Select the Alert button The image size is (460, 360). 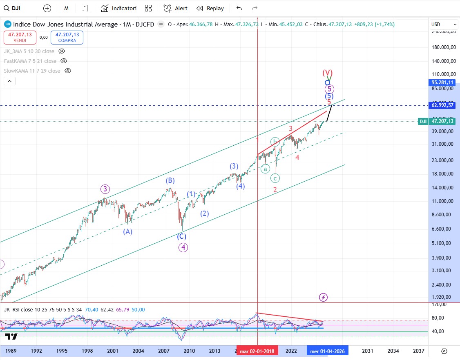pyautogui.click(x=176, y=8)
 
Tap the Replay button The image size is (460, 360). pyautogui.click(x=210, y=8)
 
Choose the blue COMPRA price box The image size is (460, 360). pyautogui.click(x=67, y=38)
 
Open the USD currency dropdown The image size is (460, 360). pyautogui.click(x=444, y=24)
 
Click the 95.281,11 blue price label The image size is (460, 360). pyautogui.click(x=443, y=82)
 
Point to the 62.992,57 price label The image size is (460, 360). pyautogui.click(x=443, y=105)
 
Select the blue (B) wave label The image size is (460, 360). pyautogui.click(x=170, y=180)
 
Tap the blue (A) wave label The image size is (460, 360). pyautogui.click(x=128, y=231)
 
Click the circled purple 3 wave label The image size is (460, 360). pyautogui.click(x=106, y=189)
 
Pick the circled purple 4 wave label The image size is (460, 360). pyautogui.click(x=183, y=247)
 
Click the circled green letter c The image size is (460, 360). pyautogui.click(x=275, y=178)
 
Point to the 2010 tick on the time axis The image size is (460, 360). pyautogui.click(x=189, y=351)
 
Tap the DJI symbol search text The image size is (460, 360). pyautogui.click(x=16, y=8)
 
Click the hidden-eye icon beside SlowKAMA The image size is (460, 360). pyautogui.click(x=68, y=71)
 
